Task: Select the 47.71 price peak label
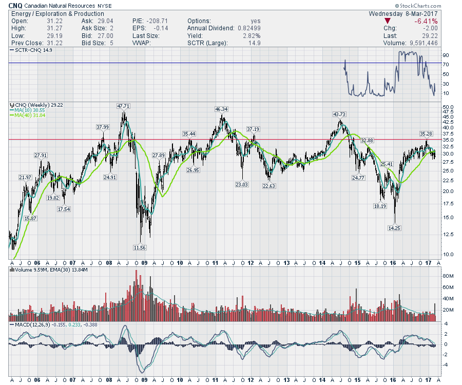(124, 106)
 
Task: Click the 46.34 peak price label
(222, 109)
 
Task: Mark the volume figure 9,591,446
(422, 43)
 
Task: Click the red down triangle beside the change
(387, 21)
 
